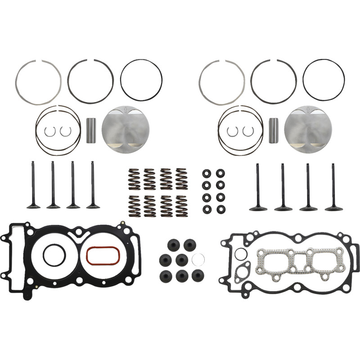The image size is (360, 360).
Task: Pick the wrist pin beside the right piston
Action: tap(273, 131)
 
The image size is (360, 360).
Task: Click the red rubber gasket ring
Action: tap(103, 255)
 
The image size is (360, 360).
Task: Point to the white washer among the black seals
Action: tap(198, 259)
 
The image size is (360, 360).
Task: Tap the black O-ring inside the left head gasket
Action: tap(54, 255)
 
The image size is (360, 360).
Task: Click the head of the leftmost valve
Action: tap(33, 206)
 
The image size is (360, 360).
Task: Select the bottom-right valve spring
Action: tap(181, 206)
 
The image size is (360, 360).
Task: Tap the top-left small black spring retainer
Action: tap(207, 173)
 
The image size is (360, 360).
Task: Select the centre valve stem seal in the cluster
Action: tap(182, 259)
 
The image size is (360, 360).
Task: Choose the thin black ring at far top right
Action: tap(324, 80)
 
